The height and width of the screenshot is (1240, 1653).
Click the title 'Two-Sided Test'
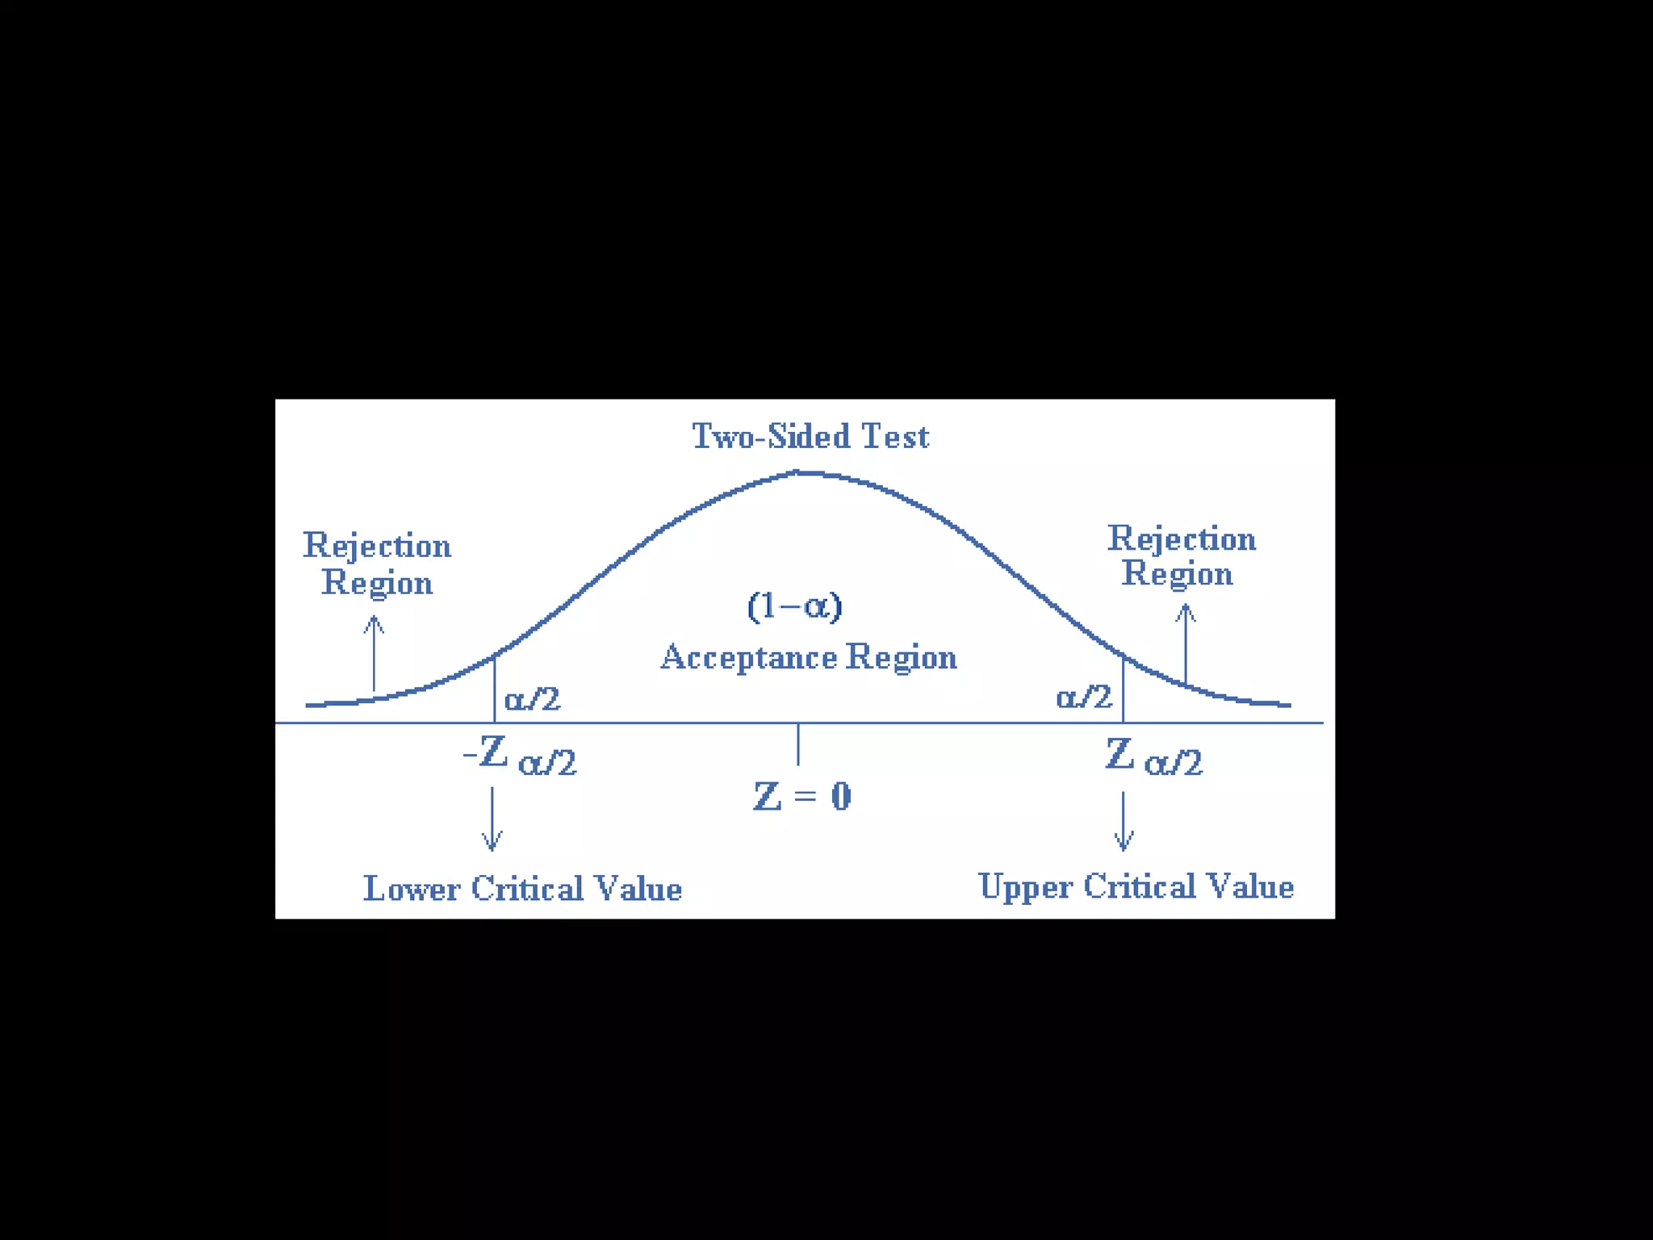pos(810,437)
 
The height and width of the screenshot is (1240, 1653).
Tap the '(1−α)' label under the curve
pos(795,605)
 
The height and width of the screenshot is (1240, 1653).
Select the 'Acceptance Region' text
pos(809,657)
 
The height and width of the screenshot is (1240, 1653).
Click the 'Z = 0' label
pos(802,797)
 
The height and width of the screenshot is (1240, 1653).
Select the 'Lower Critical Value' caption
pos(522,889)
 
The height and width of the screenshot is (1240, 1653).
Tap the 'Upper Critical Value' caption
pos(1136,886)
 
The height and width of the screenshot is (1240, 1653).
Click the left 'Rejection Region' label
pos(377,563)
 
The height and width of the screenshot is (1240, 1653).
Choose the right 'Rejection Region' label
pos(1181,555)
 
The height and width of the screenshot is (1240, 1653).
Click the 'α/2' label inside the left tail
pos(532,699)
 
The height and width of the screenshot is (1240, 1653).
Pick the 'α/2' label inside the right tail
pos(1084,697)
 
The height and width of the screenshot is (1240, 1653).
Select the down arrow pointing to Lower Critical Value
pos(492,819)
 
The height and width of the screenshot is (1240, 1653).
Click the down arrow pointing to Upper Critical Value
pos(1124,821)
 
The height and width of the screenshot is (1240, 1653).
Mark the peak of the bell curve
pos(798,473)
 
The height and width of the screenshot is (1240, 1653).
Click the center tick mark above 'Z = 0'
pos(798,744)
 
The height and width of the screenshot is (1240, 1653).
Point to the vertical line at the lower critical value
pos(494,689)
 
